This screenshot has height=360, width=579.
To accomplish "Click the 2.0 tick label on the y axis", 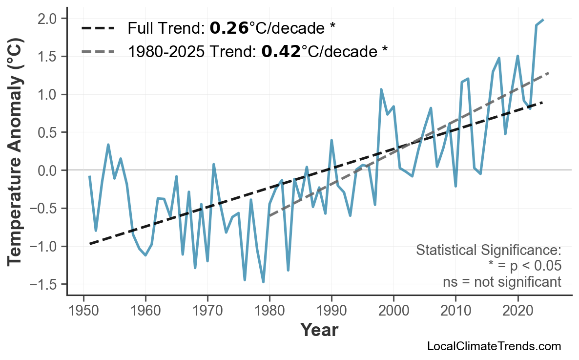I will pyautogui.click(x=48, y=19).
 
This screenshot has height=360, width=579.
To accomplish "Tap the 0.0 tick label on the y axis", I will pyautogui.click(x=48, y=170).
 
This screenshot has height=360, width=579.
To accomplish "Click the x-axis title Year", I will pyautogui.click(x=319, y=330).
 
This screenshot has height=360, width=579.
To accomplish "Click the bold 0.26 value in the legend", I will pyautogui.click(x=229, y=28).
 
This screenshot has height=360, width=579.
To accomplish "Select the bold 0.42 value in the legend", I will pyautogui.click(x=281, y=51).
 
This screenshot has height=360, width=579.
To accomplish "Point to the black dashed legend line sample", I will pyautogui.click(x=98, y=28).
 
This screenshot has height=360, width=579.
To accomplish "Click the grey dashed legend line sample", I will pyautogui.click(x=98, y=51).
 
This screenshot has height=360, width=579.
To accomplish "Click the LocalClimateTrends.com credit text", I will pyautogui.click(x=494, y=346).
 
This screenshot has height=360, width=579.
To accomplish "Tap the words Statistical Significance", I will pyautogui.click(x=488, y=251).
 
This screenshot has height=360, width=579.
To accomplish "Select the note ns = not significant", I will pyautogui.click(x=502, y=282).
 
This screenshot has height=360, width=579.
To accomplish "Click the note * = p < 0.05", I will pyautogui.click(x=524, y=266).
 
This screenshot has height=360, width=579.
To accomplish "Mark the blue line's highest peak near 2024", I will pyautogui.click(x=543, y=20).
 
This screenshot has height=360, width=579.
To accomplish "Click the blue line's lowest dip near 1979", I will pyautogui.click(x=263, y=282).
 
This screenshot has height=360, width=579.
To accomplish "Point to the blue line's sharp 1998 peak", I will pyautogui.click(x=381, y=89).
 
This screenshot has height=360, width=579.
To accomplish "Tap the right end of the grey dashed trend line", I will pyautogui.click(x=549, y=73).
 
